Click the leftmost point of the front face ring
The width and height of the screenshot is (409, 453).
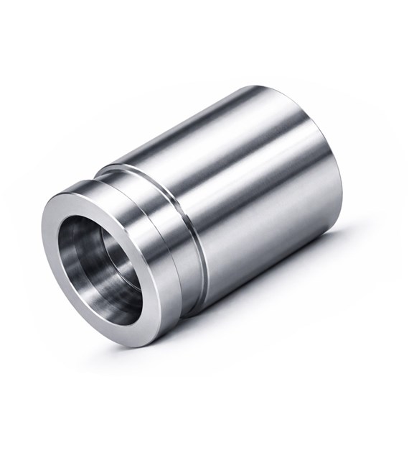coord(44,237)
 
